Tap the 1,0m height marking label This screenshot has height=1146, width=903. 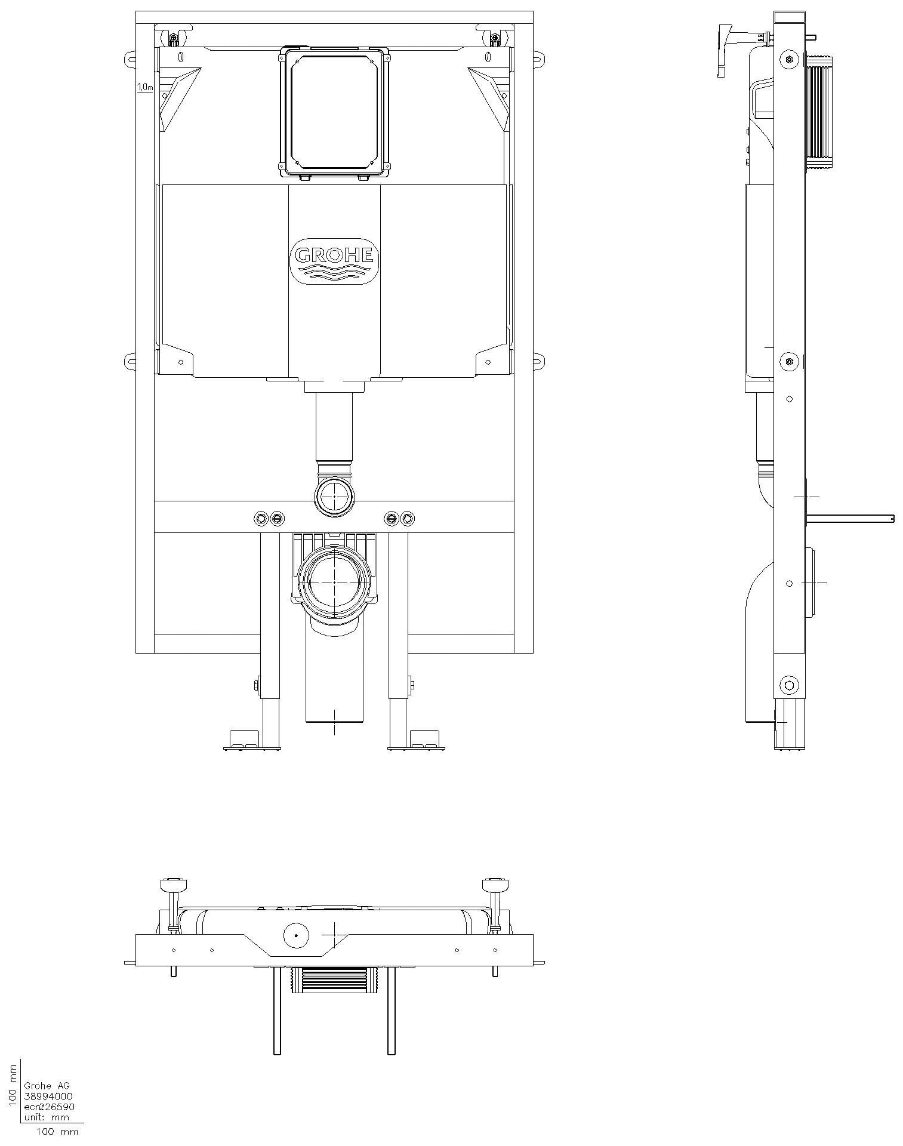click(145, 87)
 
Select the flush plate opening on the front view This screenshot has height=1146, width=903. click(334, 112)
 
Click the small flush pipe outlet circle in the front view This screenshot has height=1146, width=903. click(334, 496)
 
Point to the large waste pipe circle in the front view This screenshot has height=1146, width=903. click(334, 582)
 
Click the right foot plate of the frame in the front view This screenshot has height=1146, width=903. click(417, 741)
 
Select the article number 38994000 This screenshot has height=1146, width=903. click(48, 1096)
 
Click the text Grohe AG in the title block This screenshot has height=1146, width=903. click(47, 1086)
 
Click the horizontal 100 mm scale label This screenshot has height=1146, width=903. click(57, 1131)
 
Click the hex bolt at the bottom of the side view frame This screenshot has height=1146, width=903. click(789, 685)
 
